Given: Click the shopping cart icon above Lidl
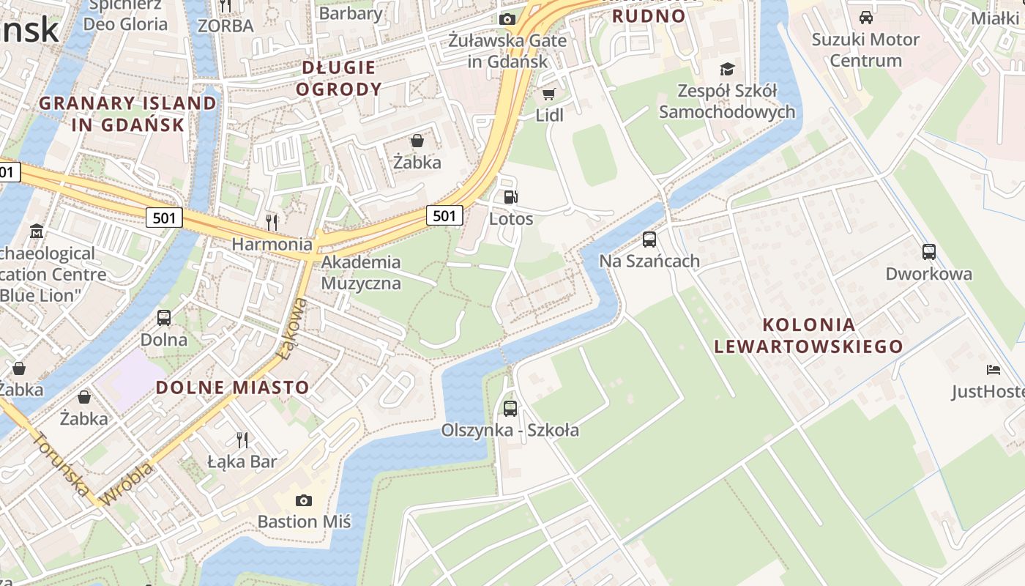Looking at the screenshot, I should (x=548, y=94).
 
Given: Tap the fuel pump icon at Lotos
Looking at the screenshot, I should (x=510, y=196).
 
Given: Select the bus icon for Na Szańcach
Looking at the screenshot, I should (x=649, y=239).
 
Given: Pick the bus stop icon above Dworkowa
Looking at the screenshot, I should (x=928, y=252).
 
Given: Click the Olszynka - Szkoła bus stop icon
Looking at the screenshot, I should (x=510, y=408).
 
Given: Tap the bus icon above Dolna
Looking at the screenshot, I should (x=164, y=318).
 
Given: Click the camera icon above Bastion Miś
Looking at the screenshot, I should (x=303, y=500).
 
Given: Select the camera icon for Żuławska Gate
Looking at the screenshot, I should (x=507, y=19).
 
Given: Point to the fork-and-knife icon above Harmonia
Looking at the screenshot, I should (x=272, y=221).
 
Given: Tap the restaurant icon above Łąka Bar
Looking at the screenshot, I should (x=242, y=439).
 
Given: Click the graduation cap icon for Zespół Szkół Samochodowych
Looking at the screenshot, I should (x=726, y=70).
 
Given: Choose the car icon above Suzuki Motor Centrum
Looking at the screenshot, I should (x=865, y=18).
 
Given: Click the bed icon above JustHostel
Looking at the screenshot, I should (x=993, y=370).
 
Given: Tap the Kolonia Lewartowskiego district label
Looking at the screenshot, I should (x=808, y=335).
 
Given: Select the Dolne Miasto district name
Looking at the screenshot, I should (x=233, y=387).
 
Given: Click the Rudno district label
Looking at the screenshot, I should (x=649, y=16).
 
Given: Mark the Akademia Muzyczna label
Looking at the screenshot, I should (x=361, y=272).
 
